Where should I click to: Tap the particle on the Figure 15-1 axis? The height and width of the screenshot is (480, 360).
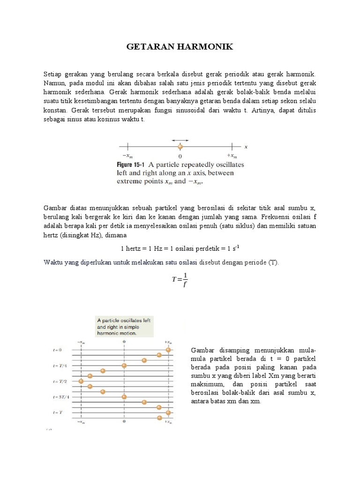click(180, 147)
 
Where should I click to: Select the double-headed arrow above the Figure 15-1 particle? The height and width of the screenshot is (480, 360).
click(180, 140)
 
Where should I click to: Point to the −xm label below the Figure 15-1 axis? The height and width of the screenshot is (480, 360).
click(127, 156)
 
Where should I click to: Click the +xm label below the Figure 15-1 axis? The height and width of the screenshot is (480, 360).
click(232, 156)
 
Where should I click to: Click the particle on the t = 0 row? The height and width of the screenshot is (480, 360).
click(168, 350)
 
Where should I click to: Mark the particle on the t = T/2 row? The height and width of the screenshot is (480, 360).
click(81, 381)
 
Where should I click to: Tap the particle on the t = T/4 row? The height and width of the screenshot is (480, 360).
click(124, 365)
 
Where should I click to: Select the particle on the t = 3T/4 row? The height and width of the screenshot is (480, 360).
click(124, 397)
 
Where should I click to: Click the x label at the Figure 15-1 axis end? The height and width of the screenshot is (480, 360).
click(246, 146)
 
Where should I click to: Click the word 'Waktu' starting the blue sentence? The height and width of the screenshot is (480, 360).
click(53, 262)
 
